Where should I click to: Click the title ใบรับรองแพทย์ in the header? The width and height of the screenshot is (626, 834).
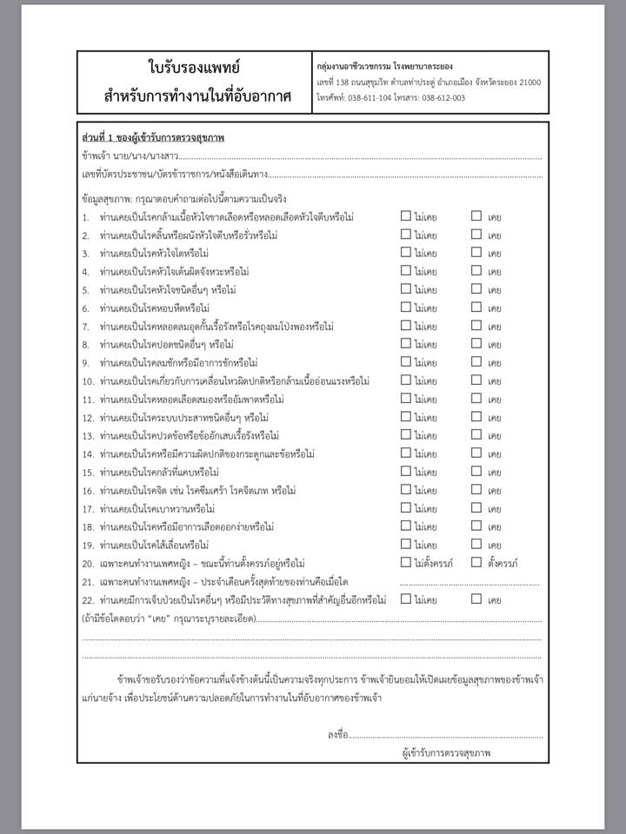coord(194,67)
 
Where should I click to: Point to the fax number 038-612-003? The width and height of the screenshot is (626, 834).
coord(440,98)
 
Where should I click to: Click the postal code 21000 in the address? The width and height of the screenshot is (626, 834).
coord(524,83)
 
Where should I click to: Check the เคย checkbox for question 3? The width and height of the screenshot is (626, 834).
coord(476,253)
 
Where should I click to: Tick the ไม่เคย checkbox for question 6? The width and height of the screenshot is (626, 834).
coord(406,308)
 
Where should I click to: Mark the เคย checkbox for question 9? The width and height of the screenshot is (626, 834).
coord(476,362)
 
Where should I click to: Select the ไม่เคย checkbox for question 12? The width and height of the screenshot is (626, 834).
coord(406,417)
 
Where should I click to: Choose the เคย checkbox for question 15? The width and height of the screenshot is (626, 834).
coord(476,472)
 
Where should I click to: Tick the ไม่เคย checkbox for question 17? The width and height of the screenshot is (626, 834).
coord(406,508)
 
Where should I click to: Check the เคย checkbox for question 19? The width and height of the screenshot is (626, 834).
coord(476,545)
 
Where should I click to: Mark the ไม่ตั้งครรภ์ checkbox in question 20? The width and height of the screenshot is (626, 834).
coord(406,563)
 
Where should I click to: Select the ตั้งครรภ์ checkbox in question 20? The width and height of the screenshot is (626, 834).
coord(476,563)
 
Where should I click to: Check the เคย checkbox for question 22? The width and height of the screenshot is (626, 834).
coord(476,599)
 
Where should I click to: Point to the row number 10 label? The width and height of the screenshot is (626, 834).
coord(88,381)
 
